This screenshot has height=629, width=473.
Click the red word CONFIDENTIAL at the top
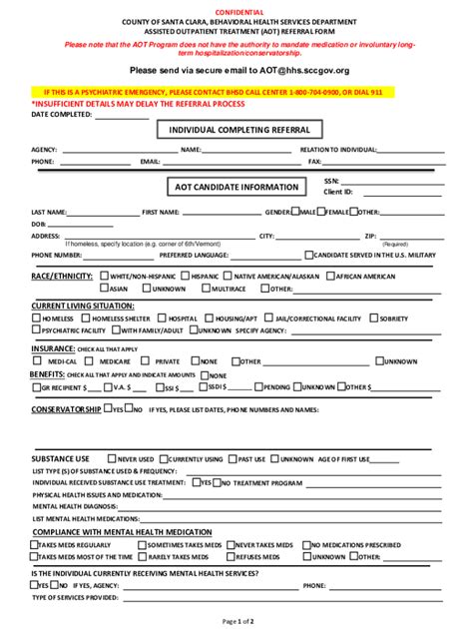[x=236, y=9]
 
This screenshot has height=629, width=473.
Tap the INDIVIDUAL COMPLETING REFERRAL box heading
[x=238, y=130]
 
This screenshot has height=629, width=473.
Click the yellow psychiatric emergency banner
[x=236, y=90]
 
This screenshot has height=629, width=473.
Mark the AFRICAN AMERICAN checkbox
[x=331, y=275]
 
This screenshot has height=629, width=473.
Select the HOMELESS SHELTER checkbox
[x=85, y=317]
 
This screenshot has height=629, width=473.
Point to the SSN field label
[x=331, y=181]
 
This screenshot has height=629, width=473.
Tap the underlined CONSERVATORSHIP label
[x=66, y=409]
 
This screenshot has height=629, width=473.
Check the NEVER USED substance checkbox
[x=113, y=458]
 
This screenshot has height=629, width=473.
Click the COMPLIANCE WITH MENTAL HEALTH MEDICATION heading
[x=114, y=532]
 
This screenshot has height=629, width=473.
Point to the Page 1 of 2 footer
[x=236, y=620]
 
